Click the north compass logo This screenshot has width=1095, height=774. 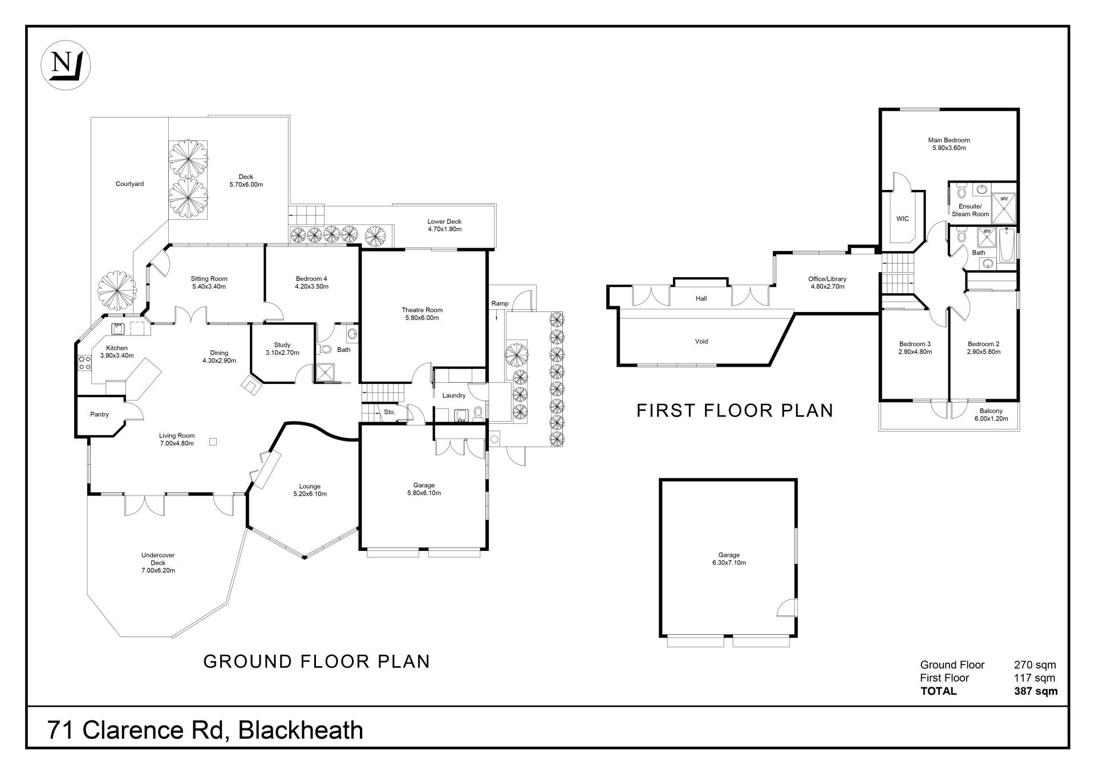(66, 65)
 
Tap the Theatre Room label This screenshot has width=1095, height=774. (421, 310)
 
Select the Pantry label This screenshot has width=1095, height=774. (99, 415)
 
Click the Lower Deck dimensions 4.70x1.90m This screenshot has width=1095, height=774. (444, 229)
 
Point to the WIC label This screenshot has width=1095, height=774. (902, 218)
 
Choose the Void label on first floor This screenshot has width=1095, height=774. (701, 342)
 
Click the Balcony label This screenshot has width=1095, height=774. (991, 411)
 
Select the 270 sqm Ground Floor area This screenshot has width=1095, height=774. (1035, 665)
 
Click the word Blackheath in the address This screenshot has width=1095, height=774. (301, 730)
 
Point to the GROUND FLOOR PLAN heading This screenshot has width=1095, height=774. (317, 662)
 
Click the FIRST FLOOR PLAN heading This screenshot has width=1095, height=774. (735, 411)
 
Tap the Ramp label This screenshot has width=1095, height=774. (500, 303)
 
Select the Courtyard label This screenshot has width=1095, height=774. (129, 184)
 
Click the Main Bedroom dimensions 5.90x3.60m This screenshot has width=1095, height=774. (948, 148)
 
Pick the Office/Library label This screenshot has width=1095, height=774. (827, 279)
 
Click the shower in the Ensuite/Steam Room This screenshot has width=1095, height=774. (1004, 208)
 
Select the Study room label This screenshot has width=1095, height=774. (282, 345)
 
